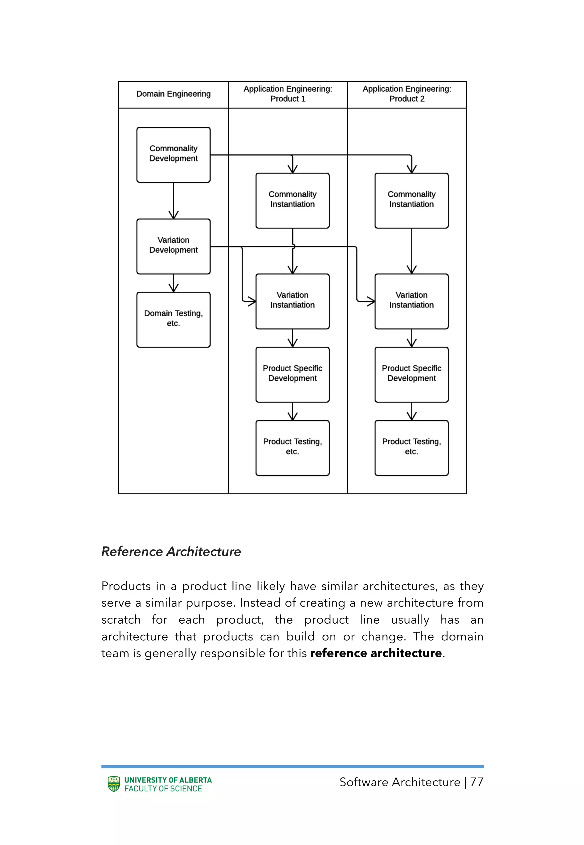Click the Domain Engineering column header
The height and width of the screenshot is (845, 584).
click(x=173, y=94)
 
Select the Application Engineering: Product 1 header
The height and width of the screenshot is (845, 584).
click(x=288, y=94)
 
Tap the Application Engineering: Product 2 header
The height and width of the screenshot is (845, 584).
click(x=407, y=94)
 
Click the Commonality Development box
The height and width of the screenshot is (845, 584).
click(x=173, y=155)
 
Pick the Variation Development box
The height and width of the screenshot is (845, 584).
click(x=173, y=246)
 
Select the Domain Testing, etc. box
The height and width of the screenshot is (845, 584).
click(x=173, y=319)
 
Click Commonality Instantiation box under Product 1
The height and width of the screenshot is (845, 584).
click(x=292, y=201)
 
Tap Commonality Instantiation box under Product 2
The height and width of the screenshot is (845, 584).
click(x=411, y=201)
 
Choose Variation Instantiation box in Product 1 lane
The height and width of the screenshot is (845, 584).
click(x=292, y=301)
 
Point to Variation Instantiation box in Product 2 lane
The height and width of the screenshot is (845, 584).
click(x=411, y=301)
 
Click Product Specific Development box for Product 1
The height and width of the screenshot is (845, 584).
click(x=292, y=374)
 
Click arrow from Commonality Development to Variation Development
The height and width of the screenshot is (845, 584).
click(x=173, y=201)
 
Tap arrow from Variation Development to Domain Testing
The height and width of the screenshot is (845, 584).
click(x=173, y=283)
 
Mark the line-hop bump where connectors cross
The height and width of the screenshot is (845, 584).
click(x=293, y=247)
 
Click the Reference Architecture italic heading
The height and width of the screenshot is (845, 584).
click(x=171, y=552)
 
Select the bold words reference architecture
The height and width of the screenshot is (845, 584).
click(x=376, y=653)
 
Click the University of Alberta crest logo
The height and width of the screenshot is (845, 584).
click(x=114, y=784)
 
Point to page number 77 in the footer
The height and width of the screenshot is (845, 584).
click(x=476, y=782)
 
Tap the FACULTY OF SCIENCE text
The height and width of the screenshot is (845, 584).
click(x=163, y=789)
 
